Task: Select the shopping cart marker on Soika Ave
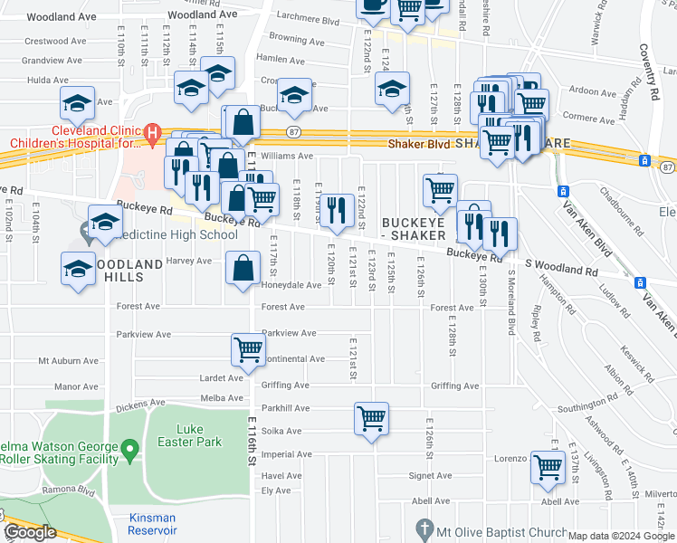click(x=370, y=418)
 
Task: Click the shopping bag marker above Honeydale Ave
click(x=242, y=268)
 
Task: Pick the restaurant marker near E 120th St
click(x=337, y=211)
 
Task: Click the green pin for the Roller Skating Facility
click(x=130, y=447)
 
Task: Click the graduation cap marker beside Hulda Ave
click(x=78, y=103)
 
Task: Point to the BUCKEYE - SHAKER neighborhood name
click(x=414, y=229)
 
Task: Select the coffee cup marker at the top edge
click(x=371, y=5)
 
